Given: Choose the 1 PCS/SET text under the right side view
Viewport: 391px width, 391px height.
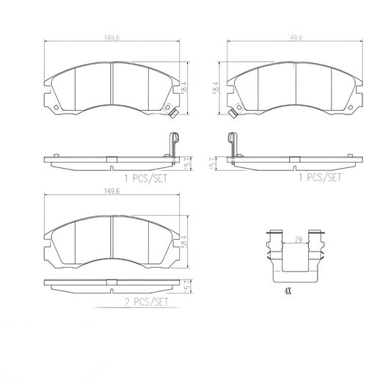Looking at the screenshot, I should [x=319, y=177].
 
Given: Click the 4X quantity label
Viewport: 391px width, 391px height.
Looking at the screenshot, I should [x=288, y=291].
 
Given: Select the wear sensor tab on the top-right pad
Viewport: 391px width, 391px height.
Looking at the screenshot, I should [x=233, y=114].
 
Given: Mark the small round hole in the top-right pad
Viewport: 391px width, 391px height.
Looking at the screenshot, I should [x=344, y=110].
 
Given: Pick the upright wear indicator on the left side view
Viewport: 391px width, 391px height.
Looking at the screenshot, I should [x=172, y=142].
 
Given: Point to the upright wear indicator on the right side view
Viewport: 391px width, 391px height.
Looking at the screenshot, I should [x=233, y=142].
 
